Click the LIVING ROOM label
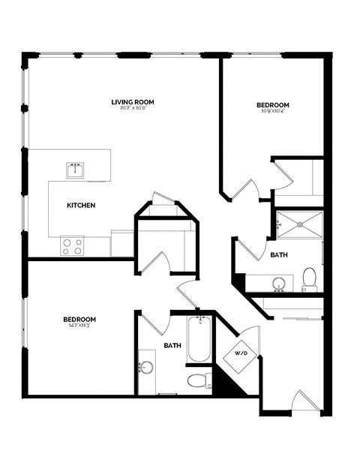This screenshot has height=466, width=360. [132, 102]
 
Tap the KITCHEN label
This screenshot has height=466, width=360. [81, 206]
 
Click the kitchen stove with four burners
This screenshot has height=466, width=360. [72, 245]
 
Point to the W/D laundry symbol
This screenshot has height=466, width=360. [241, 352]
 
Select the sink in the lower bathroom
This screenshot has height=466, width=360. [147, 368]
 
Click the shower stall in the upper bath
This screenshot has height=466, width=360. [298, 223]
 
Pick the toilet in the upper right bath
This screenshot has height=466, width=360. [309, 279]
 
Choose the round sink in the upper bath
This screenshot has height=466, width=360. [279, 284]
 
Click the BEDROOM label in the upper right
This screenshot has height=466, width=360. [273, 105]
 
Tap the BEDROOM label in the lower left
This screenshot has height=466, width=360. [79, 319]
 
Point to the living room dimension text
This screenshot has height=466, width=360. [132, 110]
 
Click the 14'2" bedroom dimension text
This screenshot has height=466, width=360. [79, 326]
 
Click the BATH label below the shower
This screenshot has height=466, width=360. [279, 255]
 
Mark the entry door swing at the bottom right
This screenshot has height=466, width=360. [303, 401]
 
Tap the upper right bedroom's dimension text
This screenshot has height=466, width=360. [273, 112]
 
